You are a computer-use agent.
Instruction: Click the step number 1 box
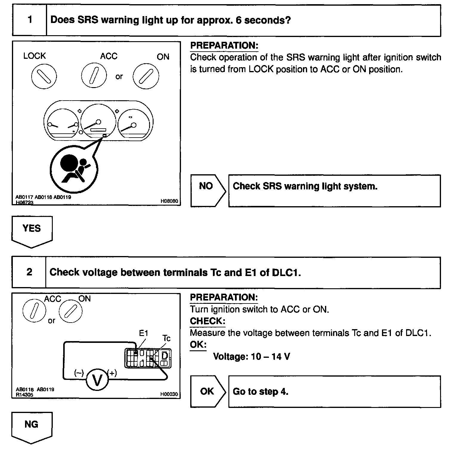30,20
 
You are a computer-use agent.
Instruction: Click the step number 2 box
29,272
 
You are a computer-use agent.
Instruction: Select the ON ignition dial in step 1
146,76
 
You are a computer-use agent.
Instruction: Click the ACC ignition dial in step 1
94,76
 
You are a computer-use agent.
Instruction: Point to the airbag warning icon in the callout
73,169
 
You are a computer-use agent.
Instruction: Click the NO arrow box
208,191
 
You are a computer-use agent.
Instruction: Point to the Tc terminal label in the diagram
166,338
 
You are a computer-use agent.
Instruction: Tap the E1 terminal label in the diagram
143,333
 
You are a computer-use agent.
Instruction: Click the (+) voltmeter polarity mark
112,373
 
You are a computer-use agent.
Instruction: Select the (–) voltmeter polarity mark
79,373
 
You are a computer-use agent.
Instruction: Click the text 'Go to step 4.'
260,392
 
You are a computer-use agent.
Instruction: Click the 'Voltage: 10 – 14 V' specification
251,357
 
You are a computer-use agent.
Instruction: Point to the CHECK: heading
208,321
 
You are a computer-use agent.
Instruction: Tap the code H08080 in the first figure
169,201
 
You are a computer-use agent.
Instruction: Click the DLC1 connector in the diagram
148,358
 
